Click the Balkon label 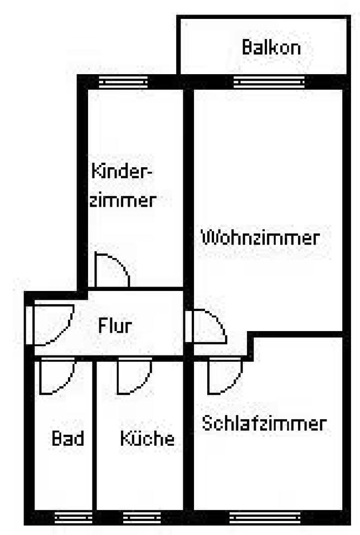coord(271,47)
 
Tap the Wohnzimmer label coord(260,238)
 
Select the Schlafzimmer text coord(264,424)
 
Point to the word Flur coord(115,324)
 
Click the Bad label coord(67,438)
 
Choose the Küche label coord(147,438)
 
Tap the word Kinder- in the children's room coord(122,170)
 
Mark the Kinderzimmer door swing coord(111,271)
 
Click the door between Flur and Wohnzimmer coord(207,327)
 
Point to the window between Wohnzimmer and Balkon coord(269,82)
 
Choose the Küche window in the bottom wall coord(138,517)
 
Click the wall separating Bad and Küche coord(93,435)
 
